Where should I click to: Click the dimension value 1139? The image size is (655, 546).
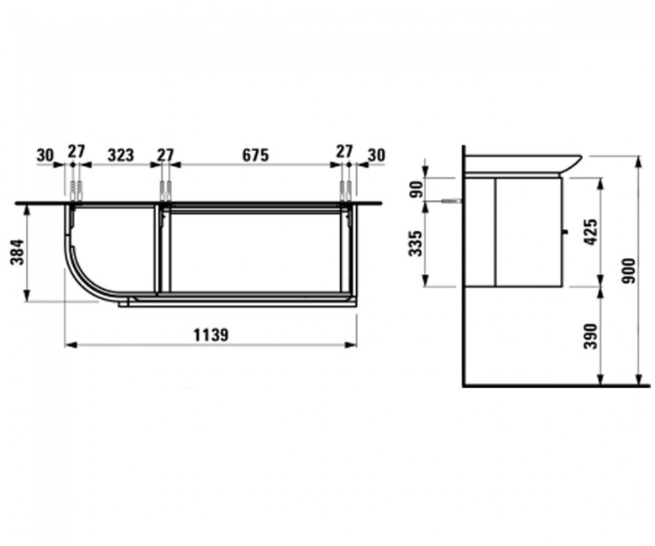(x=211, y=334)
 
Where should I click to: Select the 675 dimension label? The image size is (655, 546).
(x=255, y=155)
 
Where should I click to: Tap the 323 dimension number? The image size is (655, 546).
(x=121, y=155)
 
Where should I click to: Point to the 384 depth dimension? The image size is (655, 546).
(x=18, y=252)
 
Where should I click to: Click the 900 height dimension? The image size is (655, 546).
(x=628, y=270)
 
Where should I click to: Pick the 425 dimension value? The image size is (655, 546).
(x=591, y=232)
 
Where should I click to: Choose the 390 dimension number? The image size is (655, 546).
(x=591, y=336)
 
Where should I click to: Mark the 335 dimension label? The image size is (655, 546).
(x=416, y=243)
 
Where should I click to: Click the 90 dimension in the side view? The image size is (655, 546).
(x=416, y=189)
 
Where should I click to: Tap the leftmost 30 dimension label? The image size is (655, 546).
(x=45, y=155)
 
